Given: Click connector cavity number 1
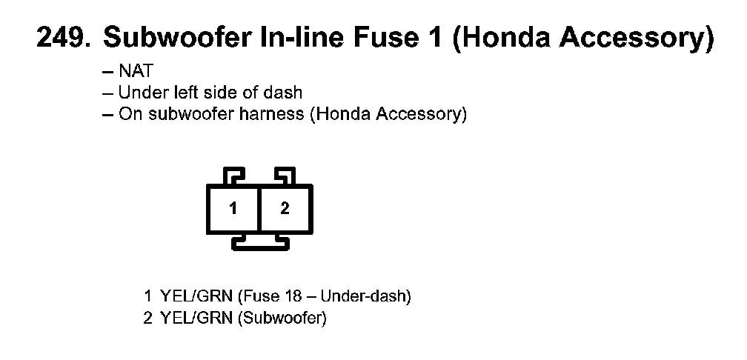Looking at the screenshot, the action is coord(233,209).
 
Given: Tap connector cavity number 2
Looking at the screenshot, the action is coord(285,209).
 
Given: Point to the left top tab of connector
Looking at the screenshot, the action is coord(233,176).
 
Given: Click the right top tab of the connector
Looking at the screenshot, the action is coord(285,176).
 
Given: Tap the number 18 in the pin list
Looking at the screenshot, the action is coord(291,297).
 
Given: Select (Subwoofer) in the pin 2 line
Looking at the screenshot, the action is coord(282,319).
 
